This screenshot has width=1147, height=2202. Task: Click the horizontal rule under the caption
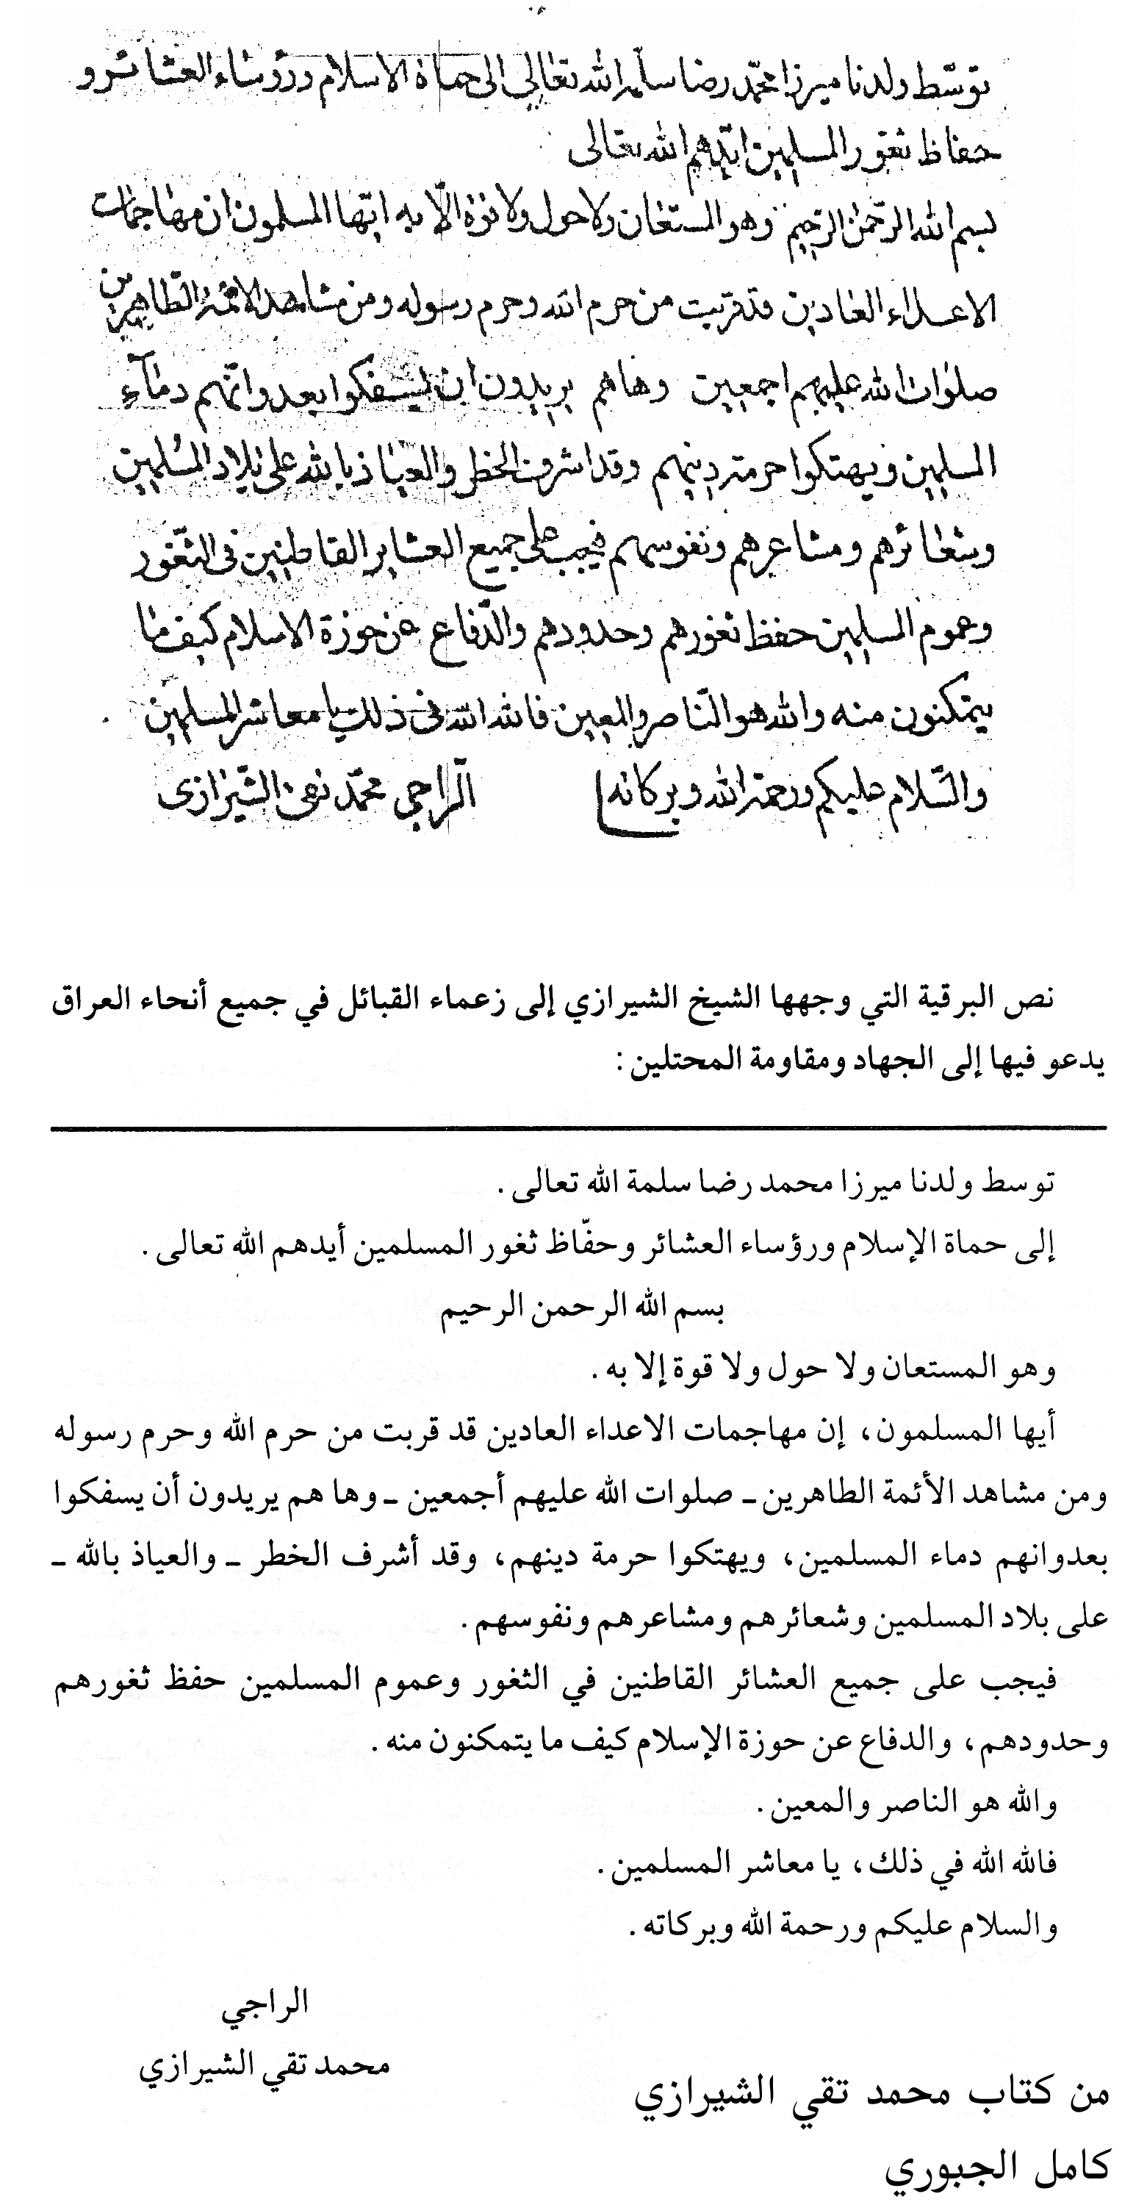point(578,1128)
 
